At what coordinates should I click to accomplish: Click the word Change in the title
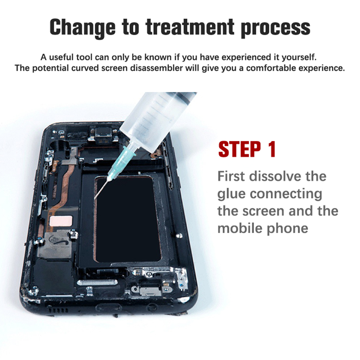coord(83,28)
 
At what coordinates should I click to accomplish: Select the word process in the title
coord(276,29)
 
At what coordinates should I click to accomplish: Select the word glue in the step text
coord(231,194)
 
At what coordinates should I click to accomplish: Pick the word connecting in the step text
coord(286,194)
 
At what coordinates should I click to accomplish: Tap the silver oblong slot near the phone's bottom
coord(97,283)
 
